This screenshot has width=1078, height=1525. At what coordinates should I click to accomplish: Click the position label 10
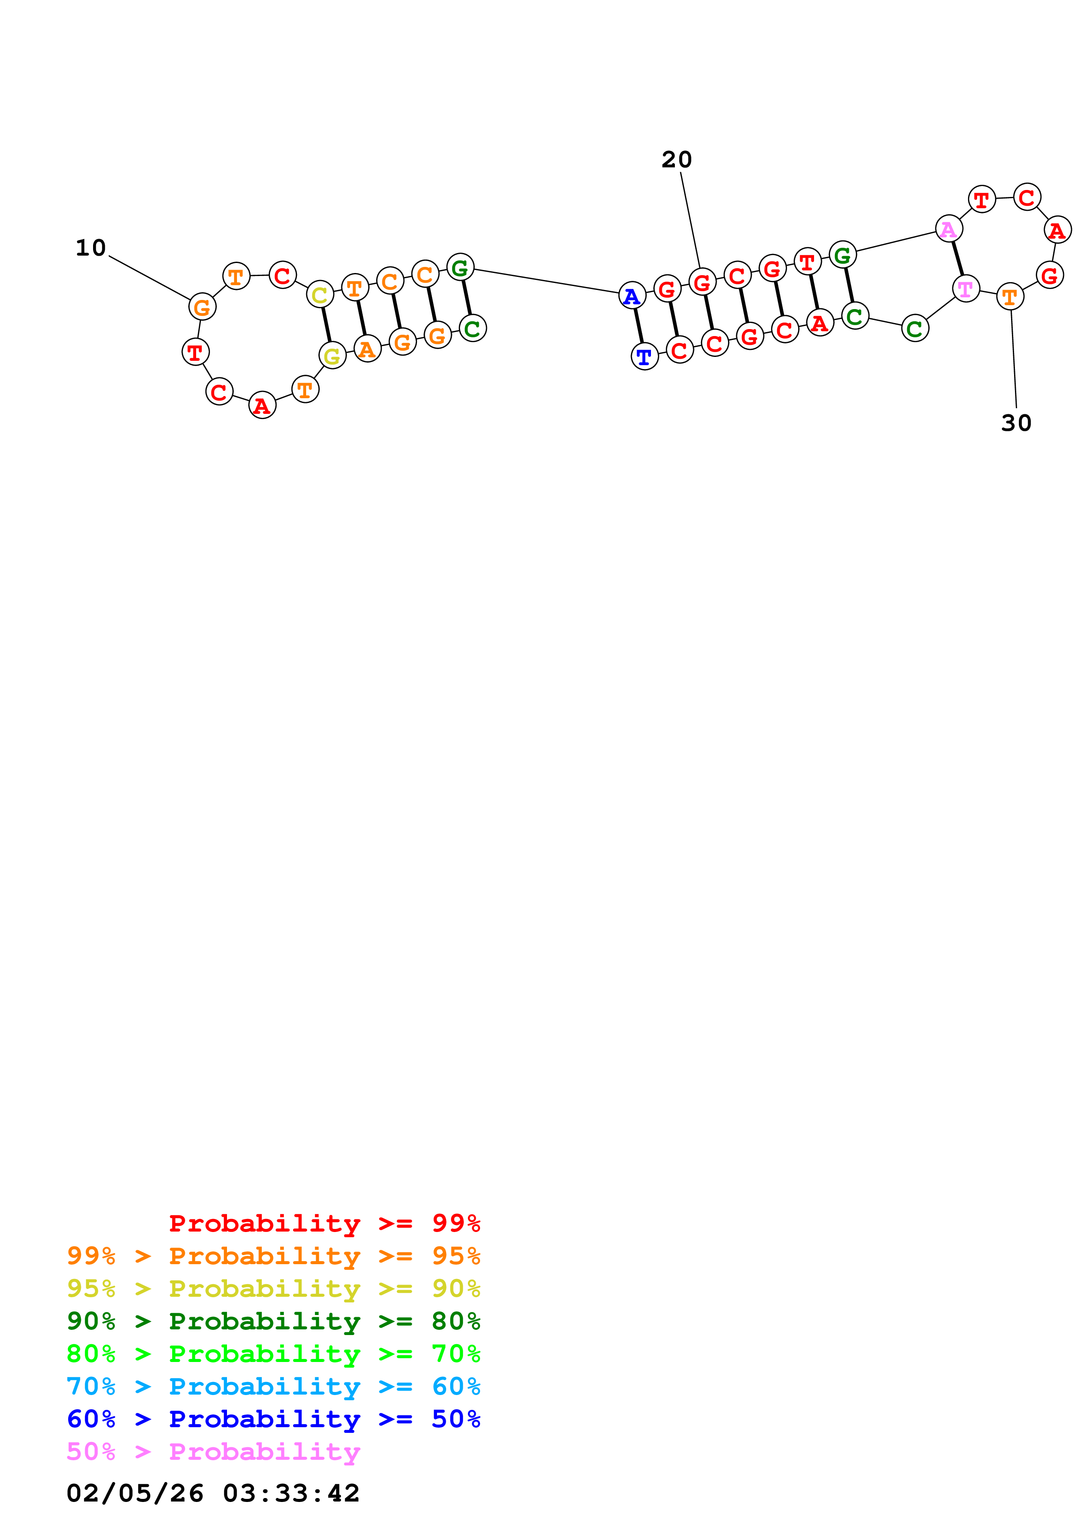pyautogui.click(x=91, y=248)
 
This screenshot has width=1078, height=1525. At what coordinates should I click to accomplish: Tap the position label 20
pyautogui.click(x=676, y=160)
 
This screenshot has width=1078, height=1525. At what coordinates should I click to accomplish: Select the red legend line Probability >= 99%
pyautogui.click(x=324, y=1223)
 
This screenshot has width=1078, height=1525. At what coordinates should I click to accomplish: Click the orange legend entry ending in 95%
pyautogui.click(x=274, y=1255)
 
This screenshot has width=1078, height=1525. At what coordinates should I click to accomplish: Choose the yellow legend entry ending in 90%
pyautogui.click(x=274, y=1288)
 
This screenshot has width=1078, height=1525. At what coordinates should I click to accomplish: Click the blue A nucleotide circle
pyautogui.click(x=632, y=296)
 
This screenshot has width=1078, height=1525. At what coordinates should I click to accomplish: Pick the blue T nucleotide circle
pyautogui.click(x=644, y=356)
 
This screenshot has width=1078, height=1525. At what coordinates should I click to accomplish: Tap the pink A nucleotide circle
pyautogui.click(x=948, y=229)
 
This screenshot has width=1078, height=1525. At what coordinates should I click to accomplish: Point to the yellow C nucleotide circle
pyautogui.click(x=320, y=295)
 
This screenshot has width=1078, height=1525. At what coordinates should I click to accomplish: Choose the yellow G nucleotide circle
pyautogui.click(x=332, y=356)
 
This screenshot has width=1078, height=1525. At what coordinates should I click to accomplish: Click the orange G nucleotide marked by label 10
pyautogui.click(x=202, y=307)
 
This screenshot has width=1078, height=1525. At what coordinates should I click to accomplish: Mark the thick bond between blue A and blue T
pyautogui.click(x=638, y=326)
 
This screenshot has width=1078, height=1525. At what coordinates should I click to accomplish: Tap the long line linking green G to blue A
pyautogui.click(x=546, y=281)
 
